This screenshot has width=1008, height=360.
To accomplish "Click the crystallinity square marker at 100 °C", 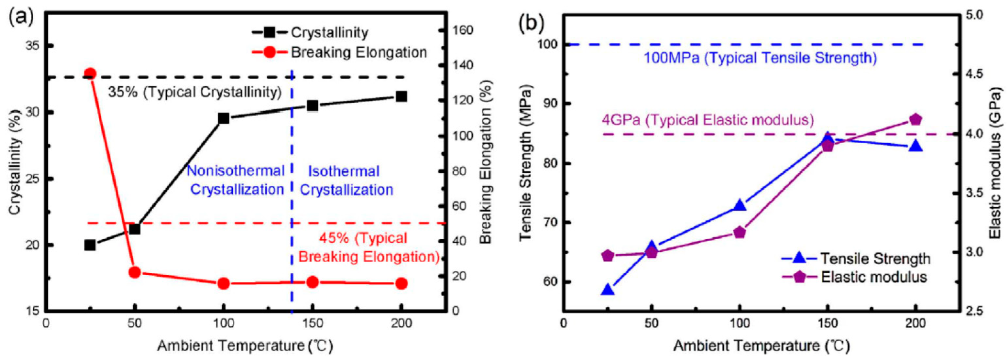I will coord(224,118).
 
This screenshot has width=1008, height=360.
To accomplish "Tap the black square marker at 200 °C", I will coord(401,96).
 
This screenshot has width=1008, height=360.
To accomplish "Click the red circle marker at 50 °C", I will coord(135,272).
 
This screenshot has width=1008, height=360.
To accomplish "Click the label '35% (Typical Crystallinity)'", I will coord(195,92).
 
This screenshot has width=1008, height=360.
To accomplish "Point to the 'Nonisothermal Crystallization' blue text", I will coord(236,180).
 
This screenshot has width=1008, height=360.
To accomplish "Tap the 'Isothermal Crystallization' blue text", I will coord(346,180).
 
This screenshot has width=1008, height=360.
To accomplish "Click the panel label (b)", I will coord(531,24).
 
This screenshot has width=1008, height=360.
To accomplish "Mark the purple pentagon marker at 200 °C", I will coord(915,119).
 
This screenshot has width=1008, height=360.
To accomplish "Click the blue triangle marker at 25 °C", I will coord(608,290).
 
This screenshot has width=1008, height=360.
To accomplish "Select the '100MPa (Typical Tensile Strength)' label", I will coord(760,58).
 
